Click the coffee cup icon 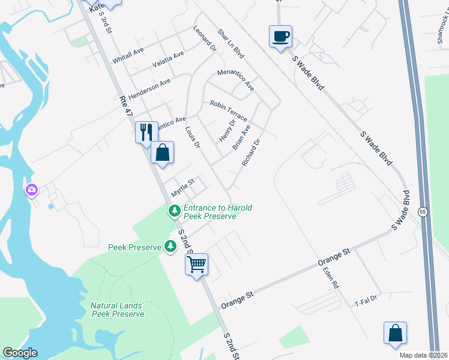coord(280,37)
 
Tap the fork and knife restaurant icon coord(146,132)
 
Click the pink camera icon coord(31,191)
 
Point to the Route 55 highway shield coord(423,212)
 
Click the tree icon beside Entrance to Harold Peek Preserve coord(174,211)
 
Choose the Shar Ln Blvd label coord(231,44)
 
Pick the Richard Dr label coord(251,153)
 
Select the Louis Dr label coord(192,136)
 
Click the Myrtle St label coord(184,187)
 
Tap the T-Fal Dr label coord(365,298)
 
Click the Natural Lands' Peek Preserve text coord(118,310)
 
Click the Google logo coord(20,353)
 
